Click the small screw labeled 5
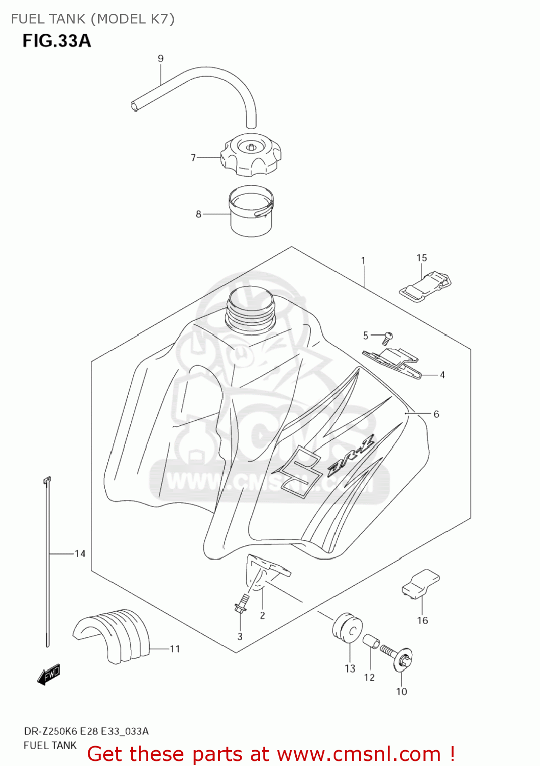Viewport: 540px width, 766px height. pos(388,336)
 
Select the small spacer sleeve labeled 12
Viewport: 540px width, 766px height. pos(371,641)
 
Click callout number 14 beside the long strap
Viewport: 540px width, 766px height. pos(80,554)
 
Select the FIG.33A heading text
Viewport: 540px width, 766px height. pos(56,41)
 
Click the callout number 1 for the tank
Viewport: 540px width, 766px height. pos(363,260)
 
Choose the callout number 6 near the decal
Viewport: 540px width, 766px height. pos(436,414)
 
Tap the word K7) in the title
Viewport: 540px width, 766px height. pos(162,19)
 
